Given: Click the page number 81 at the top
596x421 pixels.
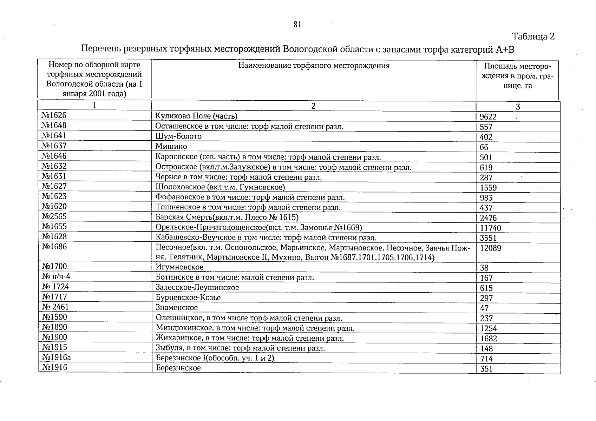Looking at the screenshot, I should (x=297, y=25).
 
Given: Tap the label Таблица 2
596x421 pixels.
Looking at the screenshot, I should (x=533, y=36).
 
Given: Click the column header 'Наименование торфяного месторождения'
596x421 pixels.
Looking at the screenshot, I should (x=314, y=66).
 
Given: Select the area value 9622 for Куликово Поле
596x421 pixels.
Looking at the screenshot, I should (x=488, y=117).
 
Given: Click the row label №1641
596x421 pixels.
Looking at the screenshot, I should (x=54, y=136).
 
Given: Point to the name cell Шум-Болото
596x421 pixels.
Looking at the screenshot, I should (x=178, y=136).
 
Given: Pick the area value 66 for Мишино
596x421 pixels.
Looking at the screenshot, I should (x=484, y=147).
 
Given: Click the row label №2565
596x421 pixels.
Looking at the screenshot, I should (x=54, y=216).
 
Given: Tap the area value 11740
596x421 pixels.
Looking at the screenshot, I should (x=491, y=228).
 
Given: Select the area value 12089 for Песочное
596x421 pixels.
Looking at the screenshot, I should (x=491, y=248).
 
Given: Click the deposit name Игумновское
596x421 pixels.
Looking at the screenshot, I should (x=179, y=267).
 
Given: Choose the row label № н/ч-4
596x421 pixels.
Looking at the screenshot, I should (x=56, y=277).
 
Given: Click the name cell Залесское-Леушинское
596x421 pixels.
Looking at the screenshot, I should (x=197, y=288).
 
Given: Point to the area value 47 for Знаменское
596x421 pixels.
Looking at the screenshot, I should (x=484, y=309).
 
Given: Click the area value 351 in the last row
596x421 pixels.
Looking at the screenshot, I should (x=486, y=369).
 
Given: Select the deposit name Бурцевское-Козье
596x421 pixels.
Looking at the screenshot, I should (x=188, y=298).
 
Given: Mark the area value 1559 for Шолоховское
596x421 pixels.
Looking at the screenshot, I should (x=488, y=188).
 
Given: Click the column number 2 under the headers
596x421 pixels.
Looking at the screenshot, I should (x=313, y=106).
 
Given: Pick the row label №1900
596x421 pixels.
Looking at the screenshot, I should (x=54, y=338).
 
